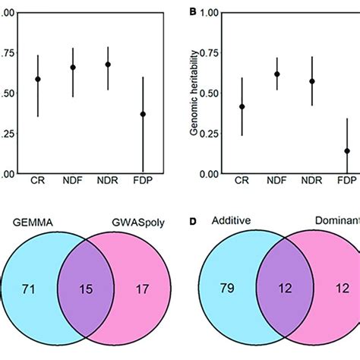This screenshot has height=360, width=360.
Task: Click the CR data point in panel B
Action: (242, 106)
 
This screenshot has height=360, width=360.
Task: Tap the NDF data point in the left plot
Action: (73, 68)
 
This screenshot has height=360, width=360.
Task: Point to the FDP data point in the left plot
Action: (143, 114)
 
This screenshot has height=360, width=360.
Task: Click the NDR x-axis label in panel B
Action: (312, 183)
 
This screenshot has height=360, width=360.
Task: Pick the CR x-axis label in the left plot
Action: (38, 183)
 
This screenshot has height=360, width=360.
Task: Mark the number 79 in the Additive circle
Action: (225, 289)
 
